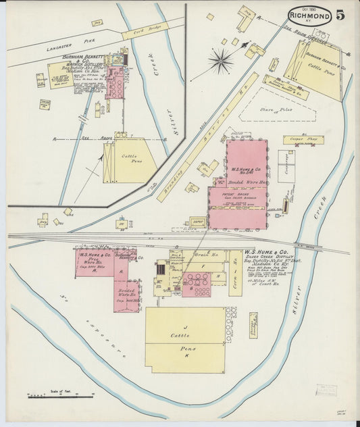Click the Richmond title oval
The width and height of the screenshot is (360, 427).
(x=309, y=16)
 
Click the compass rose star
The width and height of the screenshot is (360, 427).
(x=220, y=61)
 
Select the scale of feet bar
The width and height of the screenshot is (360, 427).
(x=60, y=395)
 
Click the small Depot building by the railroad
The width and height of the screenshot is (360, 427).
(x=198, y=222)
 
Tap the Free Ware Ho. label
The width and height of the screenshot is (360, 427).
(x=91, y=263)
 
